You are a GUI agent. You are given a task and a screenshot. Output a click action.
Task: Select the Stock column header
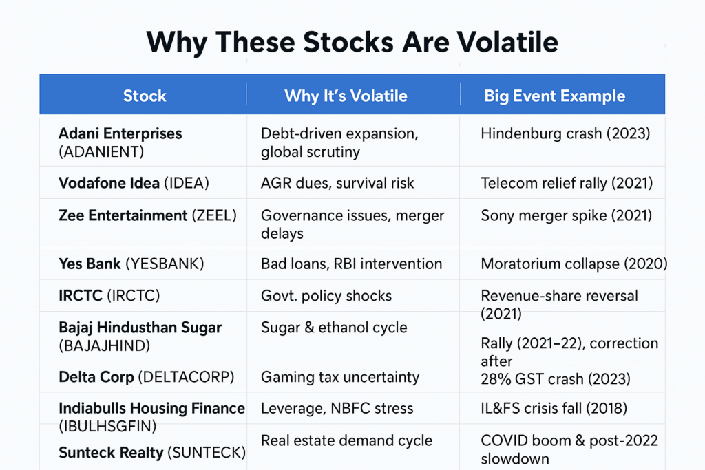[145, 96]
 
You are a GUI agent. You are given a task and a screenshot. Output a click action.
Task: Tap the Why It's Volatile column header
[346, 96]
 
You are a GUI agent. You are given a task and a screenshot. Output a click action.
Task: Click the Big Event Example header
[554, 96]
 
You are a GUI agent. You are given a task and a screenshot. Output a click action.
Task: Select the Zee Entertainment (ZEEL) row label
[147, 215]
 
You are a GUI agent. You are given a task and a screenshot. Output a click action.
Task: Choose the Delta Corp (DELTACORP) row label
[146, 376]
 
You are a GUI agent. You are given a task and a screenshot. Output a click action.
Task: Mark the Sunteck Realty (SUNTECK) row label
[151, 452]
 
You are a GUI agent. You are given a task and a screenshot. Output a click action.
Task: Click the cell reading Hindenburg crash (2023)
[565, 133]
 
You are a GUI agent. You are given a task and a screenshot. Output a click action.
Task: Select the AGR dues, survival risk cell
[337, 184]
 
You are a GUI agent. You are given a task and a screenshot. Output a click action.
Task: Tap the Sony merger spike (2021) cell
[566, 215]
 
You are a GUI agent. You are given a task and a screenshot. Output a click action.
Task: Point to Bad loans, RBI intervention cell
[351, 264]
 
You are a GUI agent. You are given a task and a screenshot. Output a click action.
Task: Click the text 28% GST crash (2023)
[555, 379]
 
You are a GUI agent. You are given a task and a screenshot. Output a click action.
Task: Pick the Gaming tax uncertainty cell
[340, 376]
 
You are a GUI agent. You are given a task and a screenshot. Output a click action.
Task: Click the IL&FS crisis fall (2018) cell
[554, 408]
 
